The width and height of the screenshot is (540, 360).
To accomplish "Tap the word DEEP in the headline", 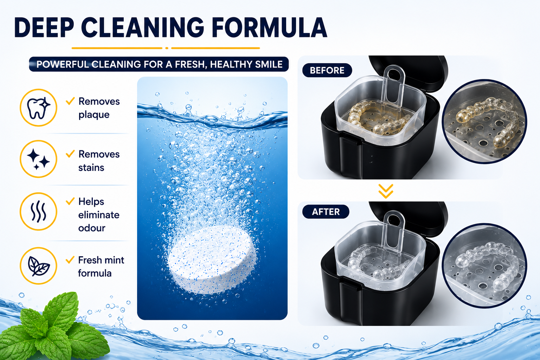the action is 44,27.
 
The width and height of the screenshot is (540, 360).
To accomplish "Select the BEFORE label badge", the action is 327,70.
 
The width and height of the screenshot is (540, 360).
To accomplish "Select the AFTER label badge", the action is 326,212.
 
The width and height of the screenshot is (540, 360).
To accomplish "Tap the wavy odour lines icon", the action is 38,212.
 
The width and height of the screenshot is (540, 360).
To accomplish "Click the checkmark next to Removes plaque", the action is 70,101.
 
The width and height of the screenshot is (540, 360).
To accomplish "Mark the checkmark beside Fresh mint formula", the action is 70,260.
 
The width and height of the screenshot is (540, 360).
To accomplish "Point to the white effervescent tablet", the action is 212,259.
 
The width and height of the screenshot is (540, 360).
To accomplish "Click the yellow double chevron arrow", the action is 386,191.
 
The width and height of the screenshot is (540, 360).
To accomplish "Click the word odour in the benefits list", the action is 92,228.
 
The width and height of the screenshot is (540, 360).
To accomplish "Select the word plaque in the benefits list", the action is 94,115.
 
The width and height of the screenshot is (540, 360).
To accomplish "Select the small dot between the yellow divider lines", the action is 167,48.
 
